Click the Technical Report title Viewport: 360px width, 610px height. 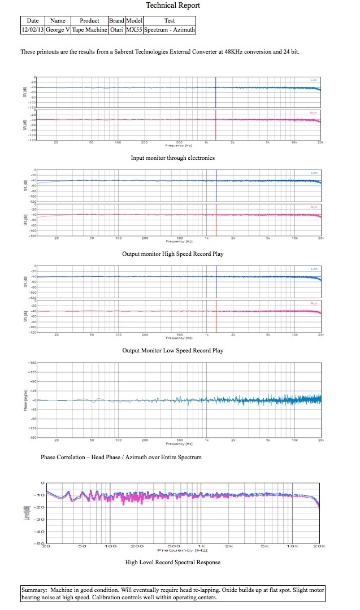pos(173,6)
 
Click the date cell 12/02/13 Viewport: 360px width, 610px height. pos(32,29)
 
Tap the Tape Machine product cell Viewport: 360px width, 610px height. pos(89,29)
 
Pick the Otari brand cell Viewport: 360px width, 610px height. pos(116,29)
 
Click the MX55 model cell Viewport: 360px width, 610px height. pos(134,29)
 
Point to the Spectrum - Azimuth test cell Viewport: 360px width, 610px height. pos(170,29)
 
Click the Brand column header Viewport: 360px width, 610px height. pos(116,21)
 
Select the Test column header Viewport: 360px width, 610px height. pos(170,21)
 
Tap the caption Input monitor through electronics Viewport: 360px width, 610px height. pos(173,158)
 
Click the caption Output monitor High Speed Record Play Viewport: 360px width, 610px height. pos(173,254)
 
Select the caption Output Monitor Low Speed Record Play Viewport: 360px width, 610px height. pos(173,350)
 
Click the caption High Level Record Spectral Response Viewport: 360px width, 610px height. pos(173,562)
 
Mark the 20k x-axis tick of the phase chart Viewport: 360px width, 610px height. pos(320,440)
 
